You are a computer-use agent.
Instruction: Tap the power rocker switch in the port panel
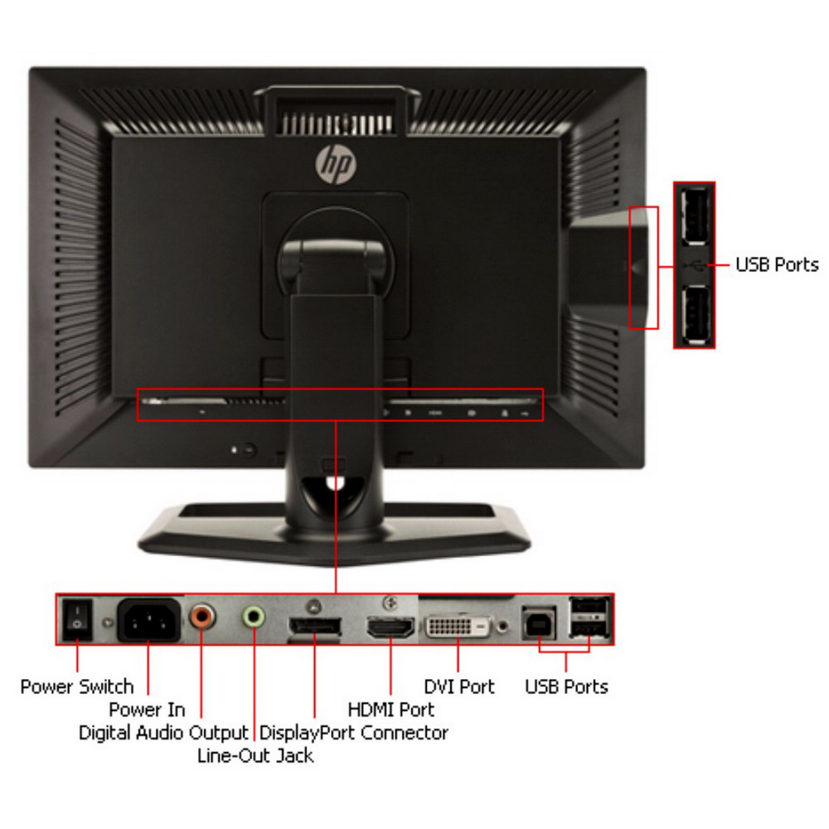click(77, 618)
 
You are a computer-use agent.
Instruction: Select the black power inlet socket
click(149, 620)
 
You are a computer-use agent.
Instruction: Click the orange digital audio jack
click(202, 616)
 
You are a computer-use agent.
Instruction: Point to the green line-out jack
click(254, 616)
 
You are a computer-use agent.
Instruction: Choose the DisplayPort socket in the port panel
click(314, 628)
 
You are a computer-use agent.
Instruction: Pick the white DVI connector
click(458, 627)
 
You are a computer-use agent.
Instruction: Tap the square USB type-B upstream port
click(539, 623)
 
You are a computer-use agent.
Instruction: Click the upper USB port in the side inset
click(694, 216)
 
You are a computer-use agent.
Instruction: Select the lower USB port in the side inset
click(695, 314)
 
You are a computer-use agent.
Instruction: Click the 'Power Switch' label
click(77, 686)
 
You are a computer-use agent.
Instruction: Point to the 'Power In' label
click(147, 709)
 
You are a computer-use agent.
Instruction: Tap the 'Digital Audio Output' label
click(163, 733)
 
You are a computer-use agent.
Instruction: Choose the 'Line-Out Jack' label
click(255, 755)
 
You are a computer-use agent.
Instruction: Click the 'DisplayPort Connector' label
click(354, 733)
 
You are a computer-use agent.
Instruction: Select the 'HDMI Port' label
click(391, 710)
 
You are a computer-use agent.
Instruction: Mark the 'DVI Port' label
click(459, 686)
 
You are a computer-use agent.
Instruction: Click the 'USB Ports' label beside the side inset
click(778, 264)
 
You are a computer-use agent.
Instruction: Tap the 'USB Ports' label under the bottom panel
click(566, 686)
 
